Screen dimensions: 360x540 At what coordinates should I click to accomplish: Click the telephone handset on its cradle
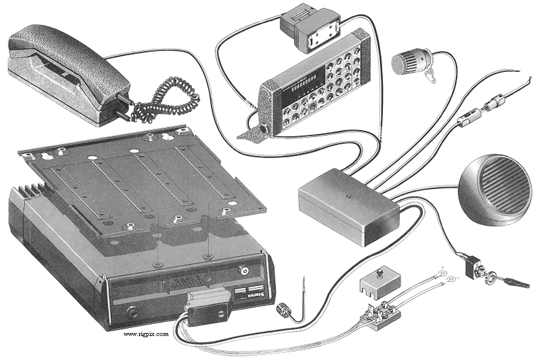66,66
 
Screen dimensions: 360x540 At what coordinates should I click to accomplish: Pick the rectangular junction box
348,204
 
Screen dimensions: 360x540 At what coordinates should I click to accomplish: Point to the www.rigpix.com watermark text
146,334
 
